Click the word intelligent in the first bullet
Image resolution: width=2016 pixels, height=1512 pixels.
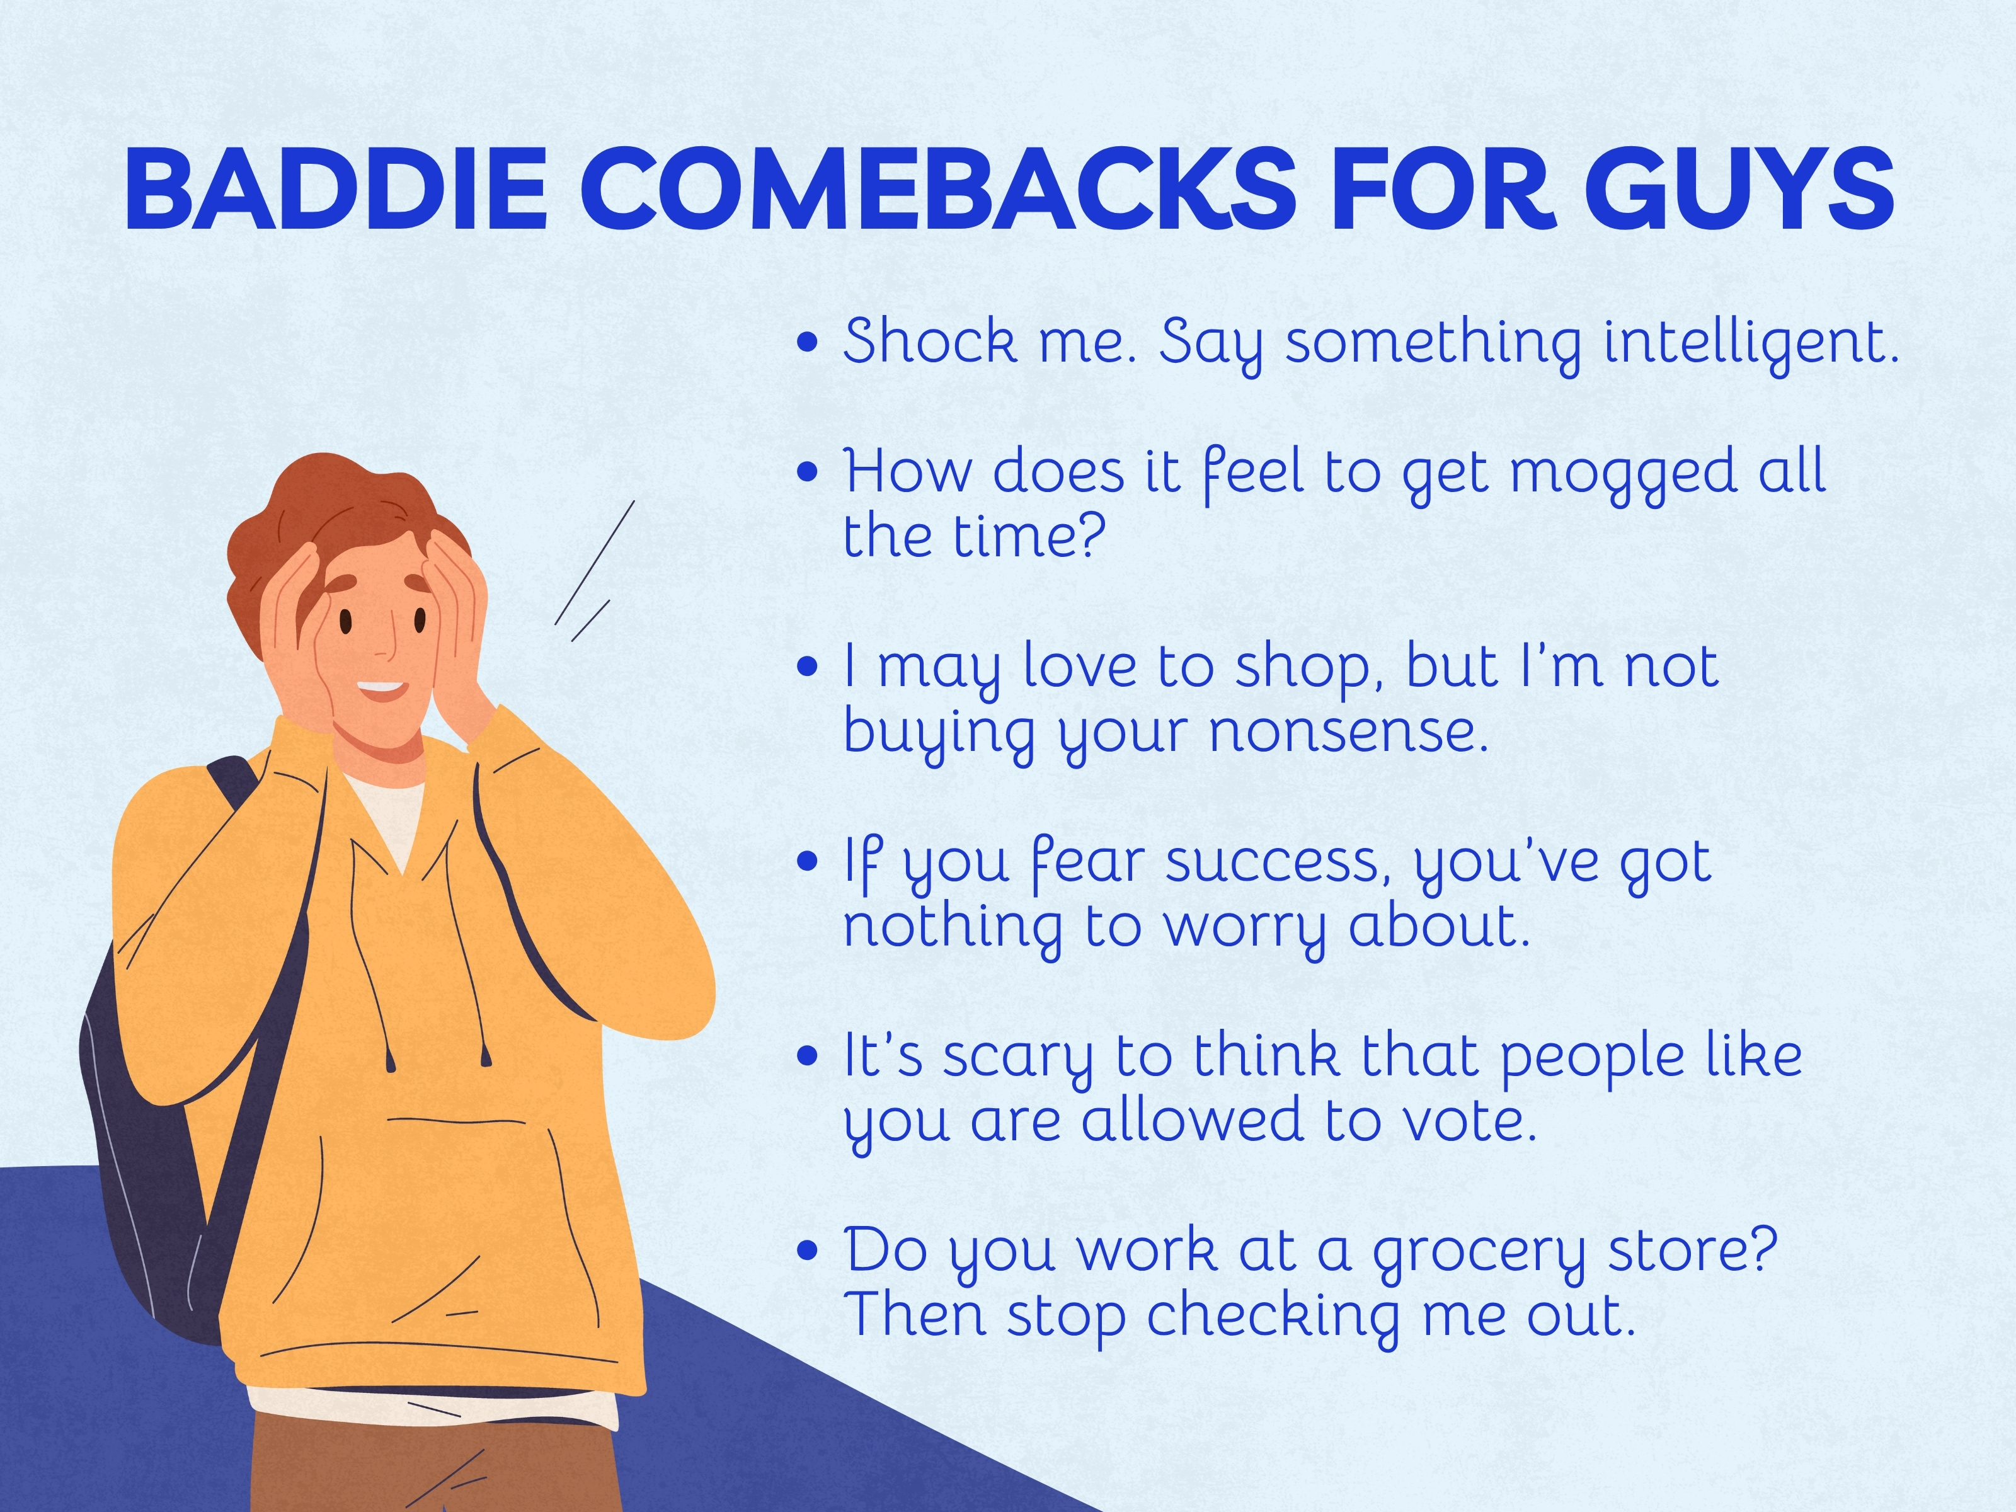point(1750,343)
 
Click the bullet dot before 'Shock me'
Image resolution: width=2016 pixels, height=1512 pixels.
point(806,343)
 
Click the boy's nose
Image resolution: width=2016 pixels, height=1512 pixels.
point(387,649)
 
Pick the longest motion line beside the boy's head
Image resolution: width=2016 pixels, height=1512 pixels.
point(594,563)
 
